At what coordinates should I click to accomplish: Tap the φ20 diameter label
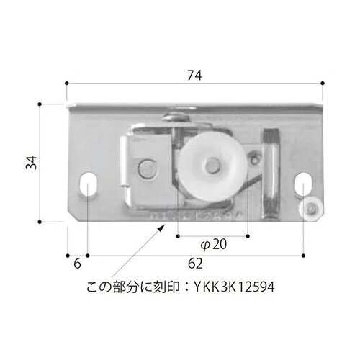(212, 244)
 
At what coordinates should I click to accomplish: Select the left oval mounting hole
(90, 184)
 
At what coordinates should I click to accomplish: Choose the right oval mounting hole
(303, 184)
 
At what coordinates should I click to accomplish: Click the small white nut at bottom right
(311, 208)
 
